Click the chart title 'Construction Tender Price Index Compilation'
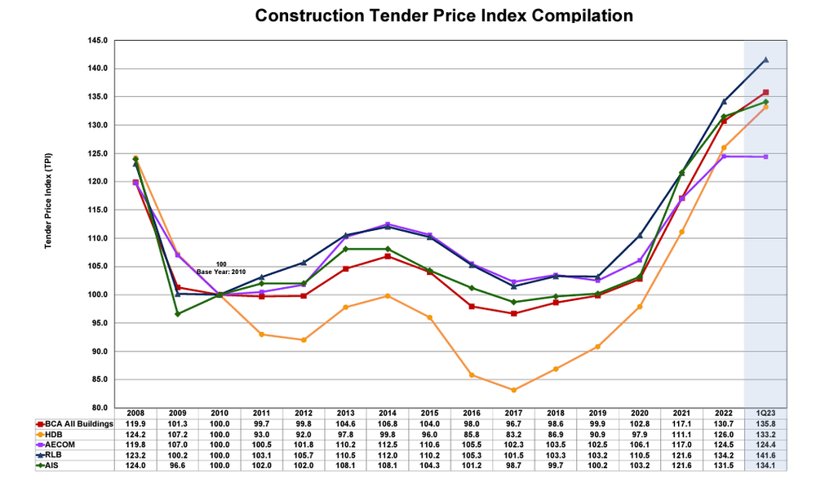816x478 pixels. [444, 15]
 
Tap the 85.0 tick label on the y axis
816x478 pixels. [100, 379]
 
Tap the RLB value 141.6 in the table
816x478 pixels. [765, 457]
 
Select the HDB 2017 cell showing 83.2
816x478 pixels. [513, 436]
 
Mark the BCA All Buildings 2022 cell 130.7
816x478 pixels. [723, 426]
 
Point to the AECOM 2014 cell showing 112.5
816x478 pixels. [387, 446]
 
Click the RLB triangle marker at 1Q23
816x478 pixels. [765, 60]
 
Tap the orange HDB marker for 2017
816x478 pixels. [513, 390]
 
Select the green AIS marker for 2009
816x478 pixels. [177, 314]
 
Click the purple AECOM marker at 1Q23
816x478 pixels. [765, 157]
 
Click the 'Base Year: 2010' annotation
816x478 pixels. [220, 271]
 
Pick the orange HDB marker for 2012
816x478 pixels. [304, 340]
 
